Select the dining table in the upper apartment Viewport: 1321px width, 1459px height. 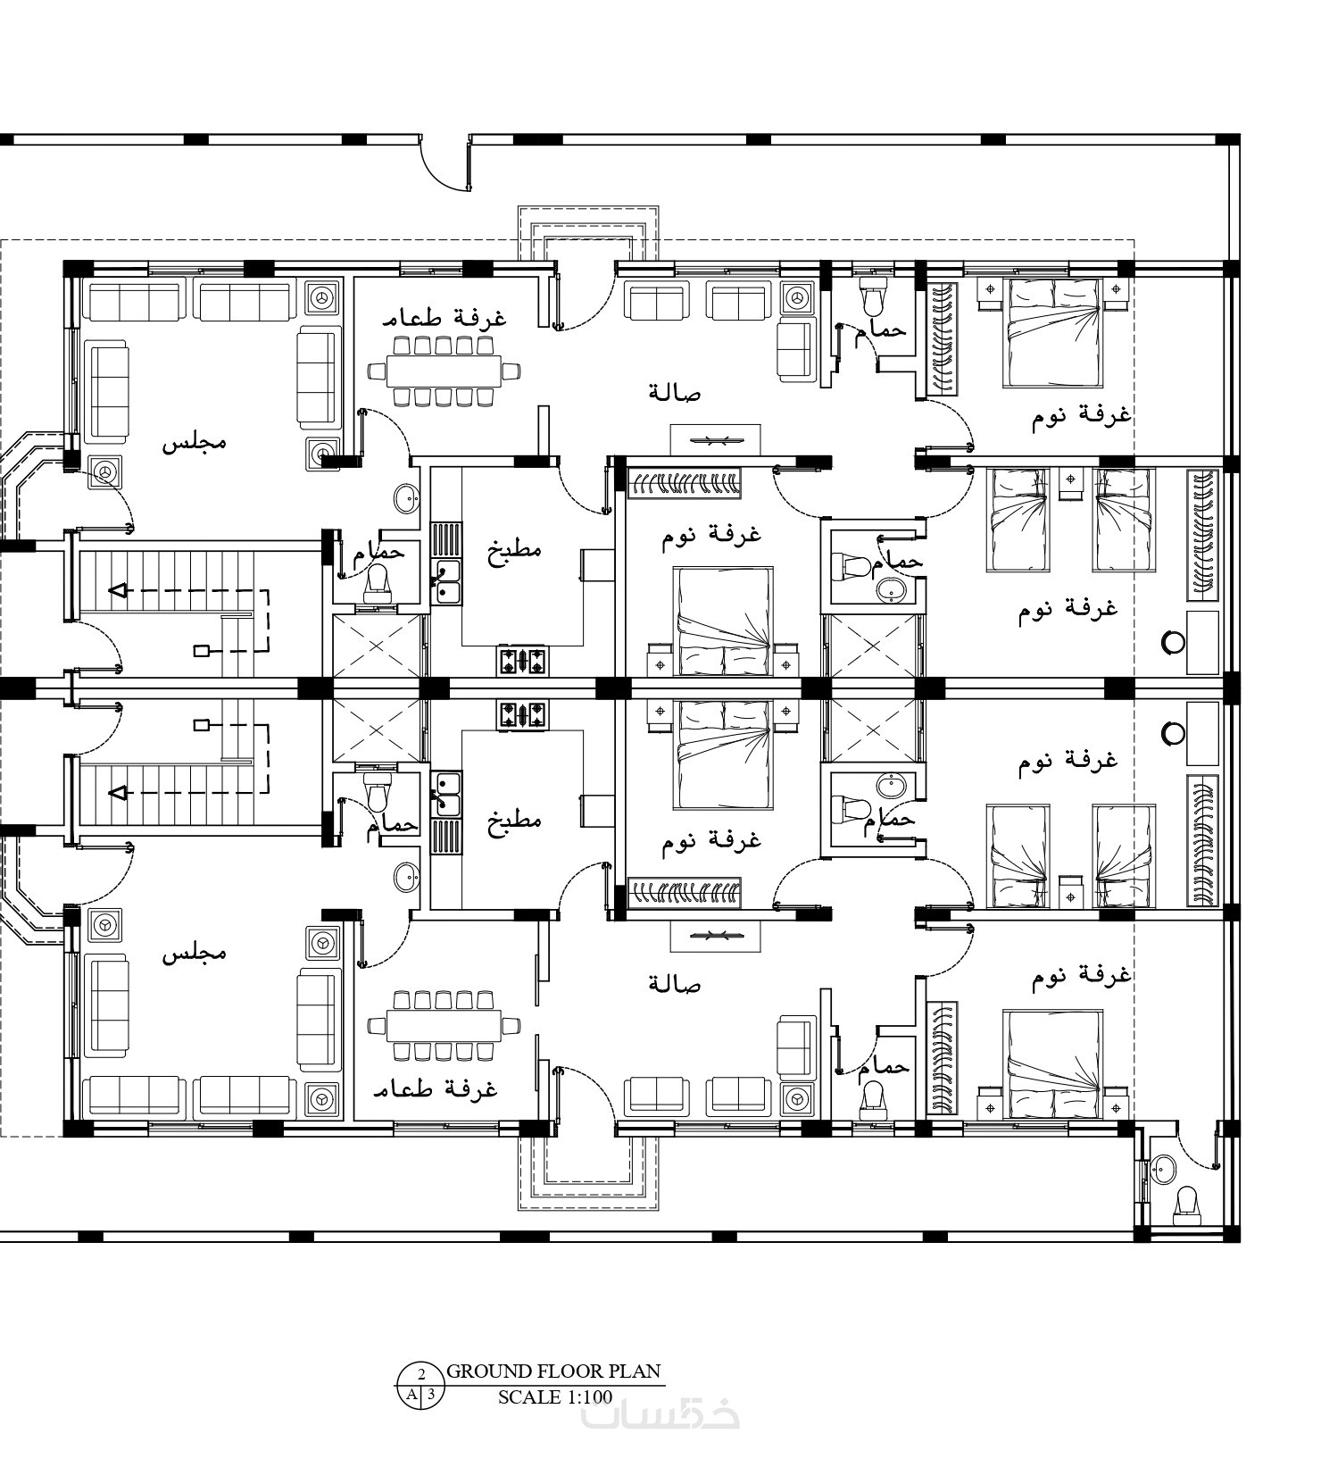click(444, 370)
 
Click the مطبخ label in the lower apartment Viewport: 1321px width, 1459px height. click(514, 820)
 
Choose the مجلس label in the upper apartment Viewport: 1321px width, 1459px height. click(194, 442)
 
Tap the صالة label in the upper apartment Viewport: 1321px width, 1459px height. click(675, 392)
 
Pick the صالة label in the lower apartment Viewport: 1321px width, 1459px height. click(675, 984)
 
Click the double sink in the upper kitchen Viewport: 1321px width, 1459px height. click(445, 580)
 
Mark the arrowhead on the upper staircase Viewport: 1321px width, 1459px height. click(117, 590)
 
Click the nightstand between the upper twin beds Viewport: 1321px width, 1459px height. click(1070, 483)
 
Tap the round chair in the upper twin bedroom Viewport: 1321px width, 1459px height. click(1173, 642)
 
